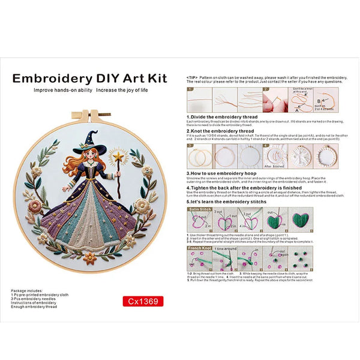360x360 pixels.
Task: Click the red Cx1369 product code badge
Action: (142, 301)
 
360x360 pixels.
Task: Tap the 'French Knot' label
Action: (199, 247)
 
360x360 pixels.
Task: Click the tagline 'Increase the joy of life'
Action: (128, 90)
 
